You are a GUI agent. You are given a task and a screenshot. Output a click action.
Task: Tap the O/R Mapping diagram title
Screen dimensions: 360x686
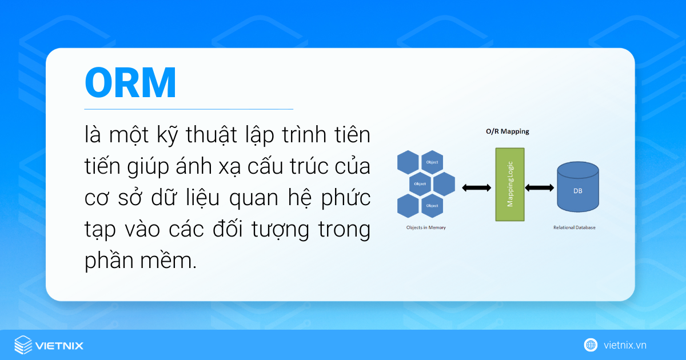(x=503, y=131)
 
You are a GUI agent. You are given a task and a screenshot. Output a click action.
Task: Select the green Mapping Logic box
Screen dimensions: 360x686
(x=509, y=185)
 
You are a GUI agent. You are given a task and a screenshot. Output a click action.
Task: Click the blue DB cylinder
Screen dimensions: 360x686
(x=577, y=186)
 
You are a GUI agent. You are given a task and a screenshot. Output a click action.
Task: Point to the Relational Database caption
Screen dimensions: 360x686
(x=574, y=227)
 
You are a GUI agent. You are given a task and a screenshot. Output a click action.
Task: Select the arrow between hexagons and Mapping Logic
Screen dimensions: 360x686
(x=476, y=187)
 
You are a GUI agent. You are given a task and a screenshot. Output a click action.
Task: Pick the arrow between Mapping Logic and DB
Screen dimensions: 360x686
(x=540, y=187)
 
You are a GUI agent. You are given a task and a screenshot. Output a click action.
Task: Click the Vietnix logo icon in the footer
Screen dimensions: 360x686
(x=23, y=345)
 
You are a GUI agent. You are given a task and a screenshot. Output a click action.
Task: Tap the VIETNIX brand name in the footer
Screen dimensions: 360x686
(x=59, y=346)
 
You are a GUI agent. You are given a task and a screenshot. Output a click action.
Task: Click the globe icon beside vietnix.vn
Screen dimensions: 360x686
(x=591, y=345)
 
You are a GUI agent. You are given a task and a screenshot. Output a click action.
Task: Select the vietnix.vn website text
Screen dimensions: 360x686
(x=625, y=345)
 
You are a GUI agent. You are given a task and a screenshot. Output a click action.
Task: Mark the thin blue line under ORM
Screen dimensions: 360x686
(x=189, y=109)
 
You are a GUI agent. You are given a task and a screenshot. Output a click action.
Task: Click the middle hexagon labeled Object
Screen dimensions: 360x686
(x=421, y=184)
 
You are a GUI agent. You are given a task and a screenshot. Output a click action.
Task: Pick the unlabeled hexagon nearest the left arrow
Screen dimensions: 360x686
(x=444, y=184)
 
